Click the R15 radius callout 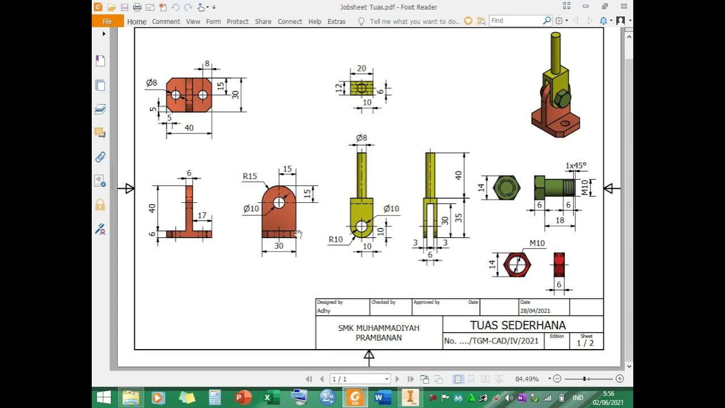[x=250, y=176]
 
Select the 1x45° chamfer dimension [x=576, y=165]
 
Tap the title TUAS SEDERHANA [x=518, y=325]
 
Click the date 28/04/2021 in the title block [x=535, y=311]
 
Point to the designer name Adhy [x=323, y=311]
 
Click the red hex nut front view [x=517, y=265]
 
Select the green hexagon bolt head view [x=506, y=188]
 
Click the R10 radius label [x=336, y=240]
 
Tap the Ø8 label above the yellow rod [x=361, y=138]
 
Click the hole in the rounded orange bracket [x=279, y=202]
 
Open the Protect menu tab [x=237, y=22]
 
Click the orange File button [x=107, y=21]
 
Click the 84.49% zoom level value [x=527, y=379]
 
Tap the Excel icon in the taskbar [x=268, y=398]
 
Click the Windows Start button [x=104, y=397]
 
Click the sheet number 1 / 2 [x=585, y=343]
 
